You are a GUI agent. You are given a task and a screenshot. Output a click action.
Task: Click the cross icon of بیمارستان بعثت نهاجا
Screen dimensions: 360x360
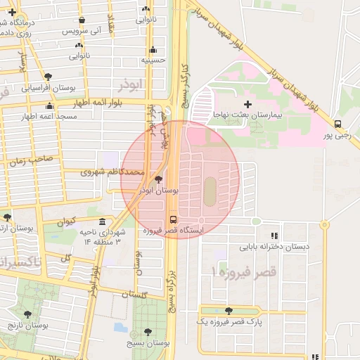[247, 104]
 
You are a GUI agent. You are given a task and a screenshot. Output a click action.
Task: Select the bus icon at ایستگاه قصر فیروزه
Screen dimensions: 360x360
[174, 219]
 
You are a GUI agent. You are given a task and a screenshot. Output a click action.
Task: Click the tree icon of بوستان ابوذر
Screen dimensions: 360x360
[157, 180]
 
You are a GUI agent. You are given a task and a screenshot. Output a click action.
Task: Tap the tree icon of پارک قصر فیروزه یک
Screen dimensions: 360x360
[228, 310]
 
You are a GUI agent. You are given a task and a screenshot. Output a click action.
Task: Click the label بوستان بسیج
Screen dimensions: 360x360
[151, 342]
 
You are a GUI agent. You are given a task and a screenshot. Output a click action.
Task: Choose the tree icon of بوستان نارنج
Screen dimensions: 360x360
[27, 314]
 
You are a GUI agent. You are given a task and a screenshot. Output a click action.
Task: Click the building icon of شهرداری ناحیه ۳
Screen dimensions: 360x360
[103, 222]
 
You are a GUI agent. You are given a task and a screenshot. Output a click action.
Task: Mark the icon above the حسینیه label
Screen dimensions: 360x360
[153, 49]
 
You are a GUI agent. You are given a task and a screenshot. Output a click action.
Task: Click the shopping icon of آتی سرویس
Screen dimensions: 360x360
[83, 20]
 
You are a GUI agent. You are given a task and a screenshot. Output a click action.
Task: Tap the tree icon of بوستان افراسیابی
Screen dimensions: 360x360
[47, 77]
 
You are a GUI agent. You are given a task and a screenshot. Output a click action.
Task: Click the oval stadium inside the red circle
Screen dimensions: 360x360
[210, 188]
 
